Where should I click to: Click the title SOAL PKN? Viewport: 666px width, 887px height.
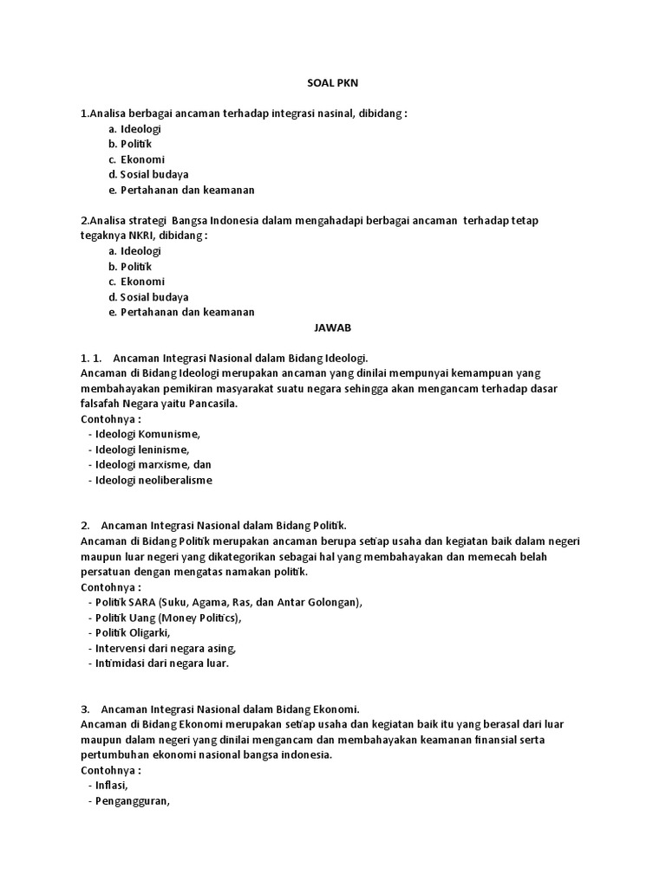click(x=333, y=83)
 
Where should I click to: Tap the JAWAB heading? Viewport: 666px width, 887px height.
click(x=333, y=328)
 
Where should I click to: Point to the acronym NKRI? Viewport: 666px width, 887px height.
click(x=140, y=236)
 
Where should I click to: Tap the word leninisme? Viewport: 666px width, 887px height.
click(x=163, y=450)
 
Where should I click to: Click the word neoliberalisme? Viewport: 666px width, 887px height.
click(x=174, y=480)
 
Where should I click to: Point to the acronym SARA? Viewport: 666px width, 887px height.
click(x=140, y=602)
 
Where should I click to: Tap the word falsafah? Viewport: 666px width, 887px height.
click(x=101, y=404)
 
